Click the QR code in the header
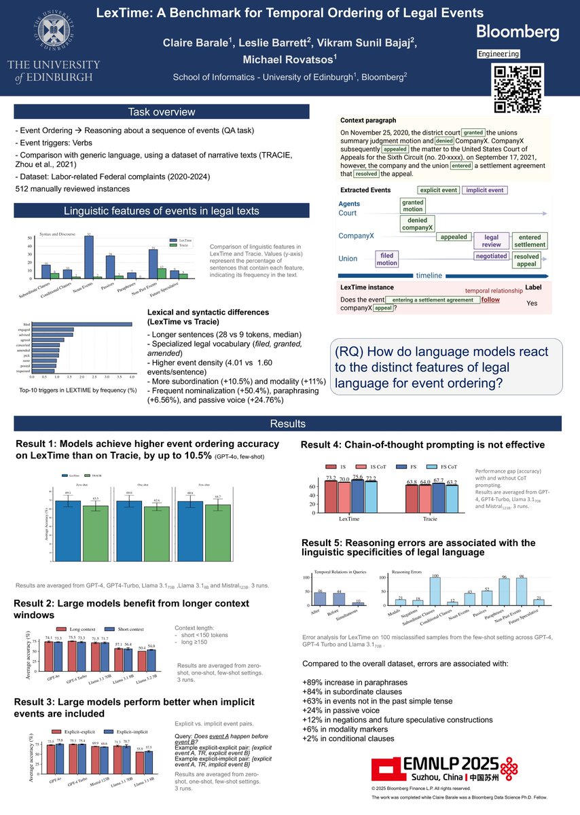pos(519,88)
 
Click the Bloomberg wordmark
pos(518,31)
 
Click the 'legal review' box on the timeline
pos(491,240)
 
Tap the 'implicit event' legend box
pos(484,190)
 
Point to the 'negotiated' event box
pos(491,256)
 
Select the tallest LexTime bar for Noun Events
pos(89,257)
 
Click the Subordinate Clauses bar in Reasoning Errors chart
pos(435,591)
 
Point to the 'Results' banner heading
pos(289,424)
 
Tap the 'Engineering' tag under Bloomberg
pos(499,54)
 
